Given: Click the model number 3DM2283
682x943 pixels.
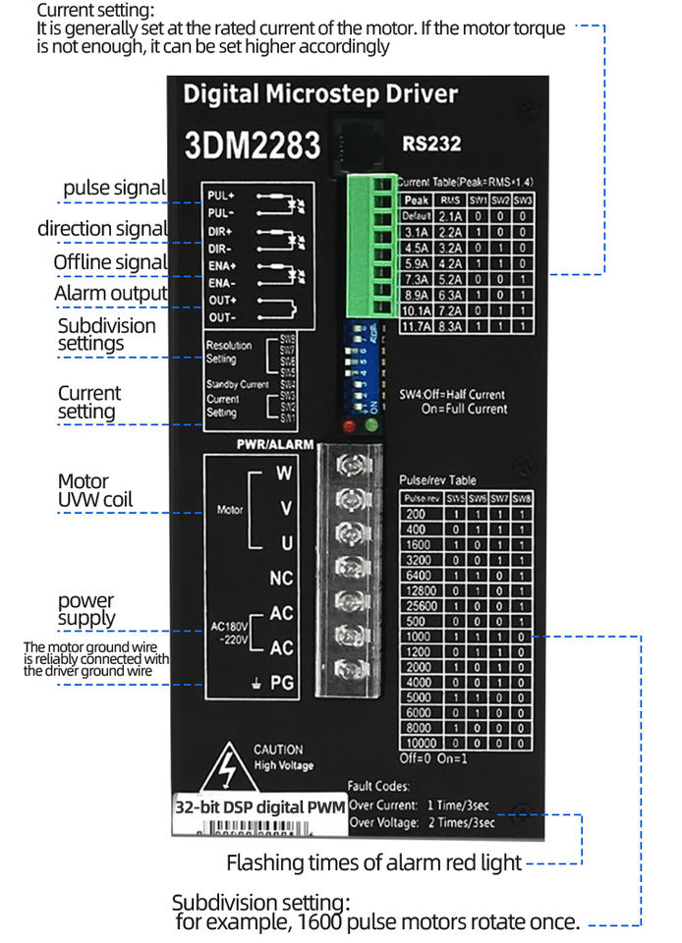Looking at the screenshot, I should tap(253, 145).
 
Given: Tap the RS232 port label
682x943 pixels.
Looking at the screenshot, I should tap(431, 143).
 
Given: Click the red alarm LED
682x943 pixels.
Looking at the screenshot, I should tap(349, 426).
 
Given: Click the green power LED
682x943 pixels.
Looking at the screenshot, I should tap(371, 426).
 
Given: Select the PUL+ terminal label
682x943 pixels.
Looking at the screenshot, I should tap(221, 194).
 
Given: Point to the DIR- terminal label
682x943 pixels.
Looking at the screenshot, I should tap(221, 249).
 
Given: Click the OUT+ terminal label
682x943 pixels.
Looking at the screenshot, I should tap(222, 300).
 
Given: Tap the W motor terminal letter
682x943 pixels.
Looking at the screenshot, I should tap(284, 472).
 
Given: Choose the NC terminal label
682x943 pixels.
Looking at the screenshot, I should tap(281, 579).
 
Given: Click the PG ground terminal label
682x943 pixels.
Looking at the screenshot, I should tap(282, 682).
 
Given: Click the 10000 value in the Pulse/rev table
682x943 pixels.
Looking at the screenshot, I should tap(416, 744).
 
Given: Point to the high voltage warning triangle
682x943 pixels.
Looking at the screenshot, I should tap(226, 766).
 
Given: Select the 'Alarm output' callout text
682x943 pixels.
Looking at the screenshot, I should tap(111, 293).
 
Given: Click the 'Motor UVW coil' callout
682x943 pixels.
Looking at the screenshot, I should tap(95, 491).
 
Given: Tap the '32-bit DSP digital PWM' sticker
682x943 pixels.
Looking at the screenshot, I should tap(258, 808).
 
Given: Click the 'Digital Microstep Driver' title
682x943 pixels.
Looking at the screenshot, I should tap(320, 94).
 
